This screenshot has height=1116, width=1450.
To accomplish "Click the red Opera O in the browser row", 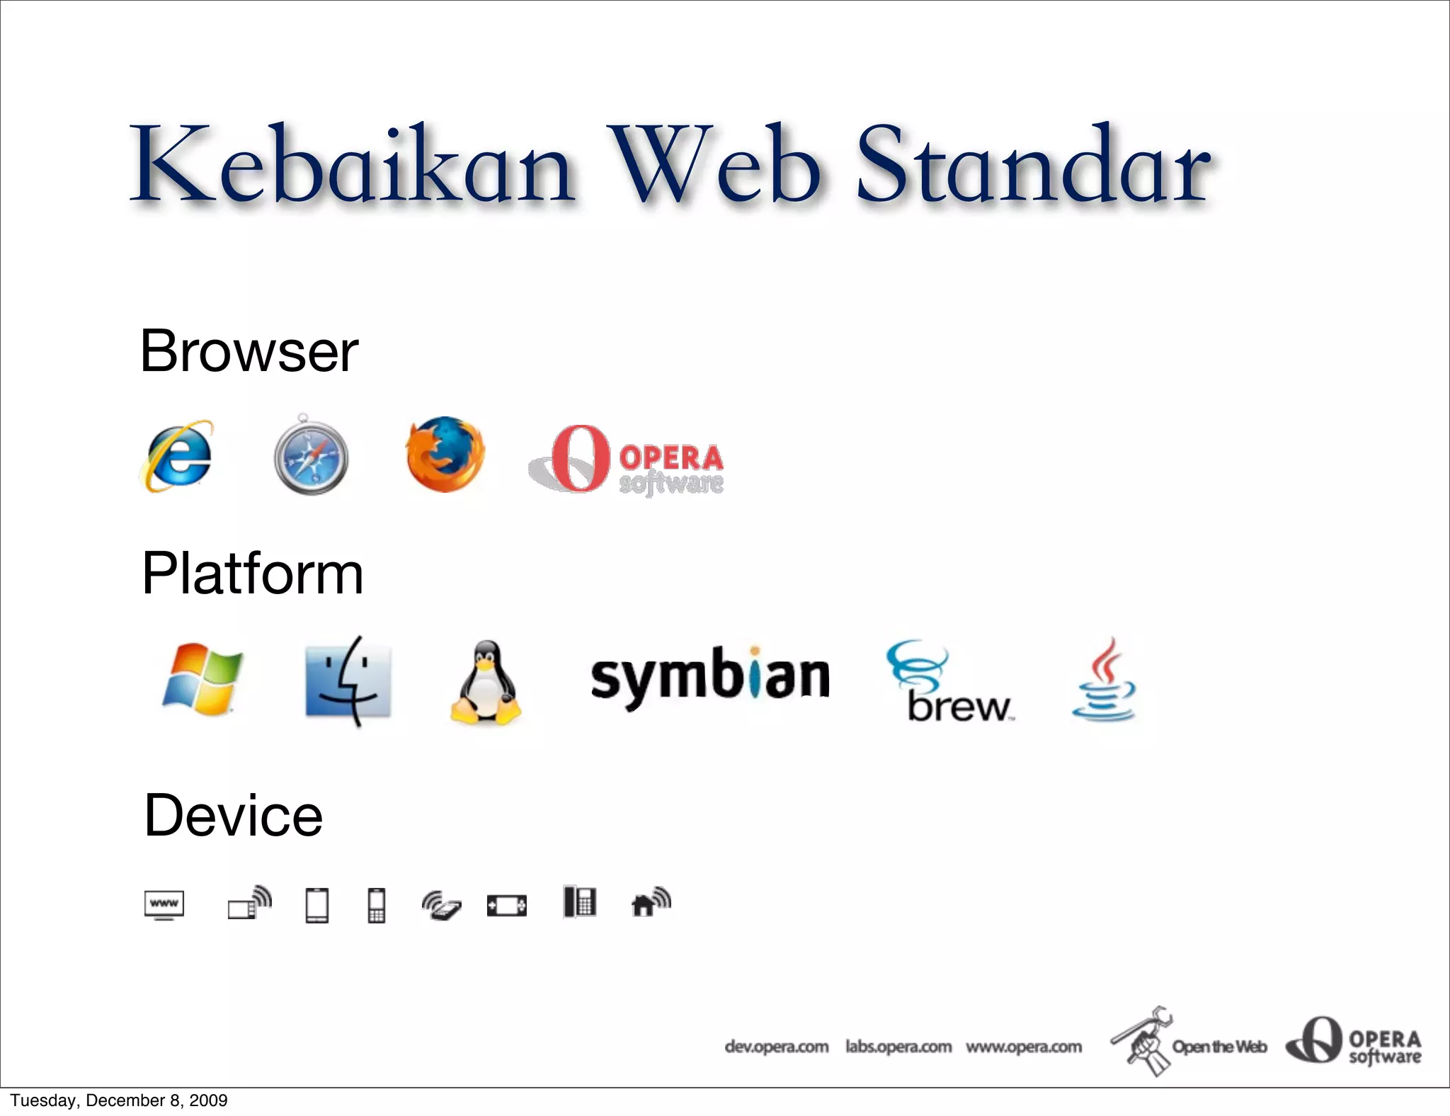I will click(x=579, y=458).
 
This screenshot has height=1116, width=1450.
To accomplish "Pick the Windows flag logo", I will click(x=202, y=680).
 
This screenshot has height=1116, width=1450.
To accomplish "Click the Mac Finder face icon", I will click(x=348, y=681).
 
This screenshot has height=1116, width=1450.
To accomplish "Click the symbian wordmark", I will click(x=709, y=676).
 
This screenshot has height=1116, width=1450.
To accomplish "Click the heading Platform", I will click(x=253, y=574).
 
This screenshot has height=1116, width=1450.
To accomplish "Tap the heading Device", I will click(x=234, y=816).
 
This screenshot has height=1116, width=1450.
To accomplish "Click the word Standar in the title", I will click(x=1033, y=165).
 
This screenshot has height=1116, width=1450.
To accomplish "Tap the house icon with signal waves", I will click(x=650, y=902).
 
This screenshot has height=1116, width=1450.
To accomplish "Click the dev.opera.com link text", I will click(x=777, y=1047).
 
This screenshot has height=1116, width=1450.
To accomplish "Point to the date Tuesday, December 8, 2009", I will click(x=119, y=1100).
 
